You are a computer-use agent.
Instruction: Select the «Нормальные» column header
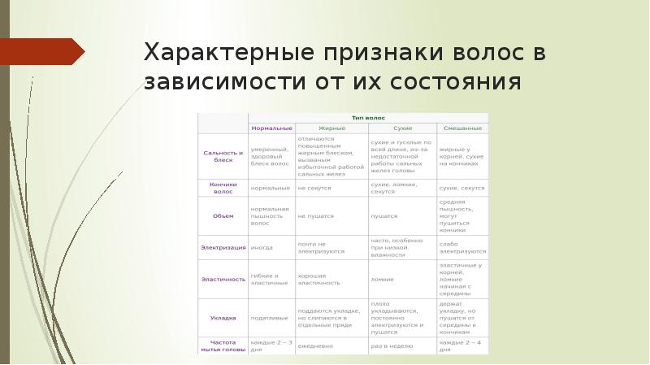[271, 128]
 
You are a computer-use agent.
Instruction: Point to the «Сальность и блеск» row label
[223, 157]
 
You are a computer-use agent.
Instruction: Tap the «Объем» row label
[223, 215]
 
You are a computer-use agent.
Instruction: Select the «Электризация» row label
[223, 246]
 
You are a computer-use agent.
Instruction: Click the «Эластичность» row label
[223, 279]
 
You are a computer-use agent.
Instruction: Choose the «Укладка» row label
[223, 318]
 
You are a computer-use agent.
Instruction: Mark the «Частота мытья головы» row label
[223, 345]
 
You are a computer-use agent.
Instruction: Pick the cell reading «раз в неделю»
[392, 345]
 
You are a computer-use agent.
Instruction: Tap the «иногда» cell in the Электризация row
[262, 246]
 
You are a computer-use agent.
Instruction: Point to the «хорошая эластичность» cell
[318, 279]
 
